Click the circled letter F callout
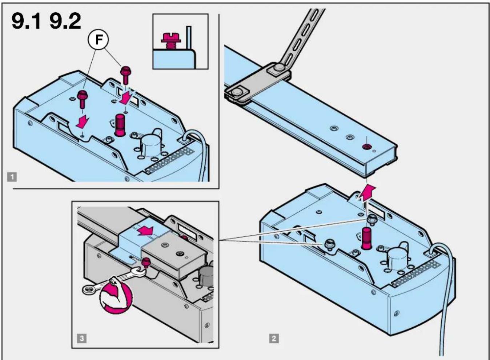click(99, 40)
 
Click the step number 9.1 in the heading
click(26, 21)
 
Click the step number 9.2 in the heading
click(65, 21)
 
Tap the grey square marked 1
click(12, 177)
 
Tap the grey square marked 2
click(274, 339)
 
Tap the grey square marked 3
click(82, 339)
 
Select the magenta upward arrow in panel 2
click(368, 193)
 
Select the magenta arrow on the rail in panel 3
click(145, 231)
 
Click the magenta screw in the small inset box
click(170, 40)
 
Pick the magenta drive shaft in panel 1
click(120, 125)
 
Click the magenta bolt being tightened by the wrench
click(146, 262)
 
